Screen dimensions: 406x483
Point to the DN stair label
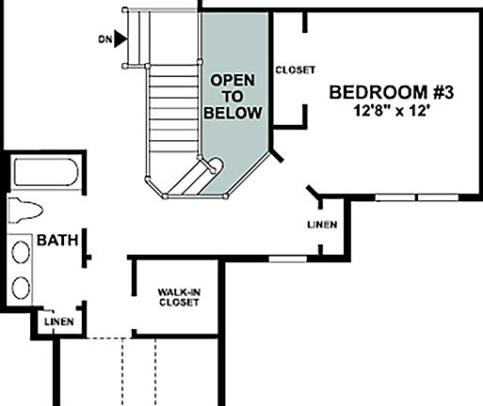click(x=104, y=39)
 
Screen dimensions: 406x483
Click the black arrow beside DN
click(x=121, y=39)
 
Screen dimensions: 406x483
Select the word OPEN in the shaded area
click(x=232, y=80)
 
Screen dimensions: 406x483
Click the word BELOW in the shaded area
click(x=233, y=113)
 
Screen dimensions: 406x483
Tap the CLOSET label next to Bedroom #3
click(x=295, y=70)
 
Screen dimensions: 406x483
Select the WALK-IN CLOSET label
click(x=178, y=298)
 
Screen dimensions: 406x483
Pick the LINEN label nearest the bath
click(x=57, y=322)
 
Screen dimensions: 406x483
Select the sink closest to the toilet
click(x=21, y=253)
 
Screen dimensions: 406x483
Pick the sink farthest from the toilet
click(x=21, y=287)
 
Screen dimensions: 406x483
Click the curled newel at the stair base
click(x=214, y=166)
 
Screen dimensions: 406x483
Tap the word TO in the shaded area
click(x=233, y=96)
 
